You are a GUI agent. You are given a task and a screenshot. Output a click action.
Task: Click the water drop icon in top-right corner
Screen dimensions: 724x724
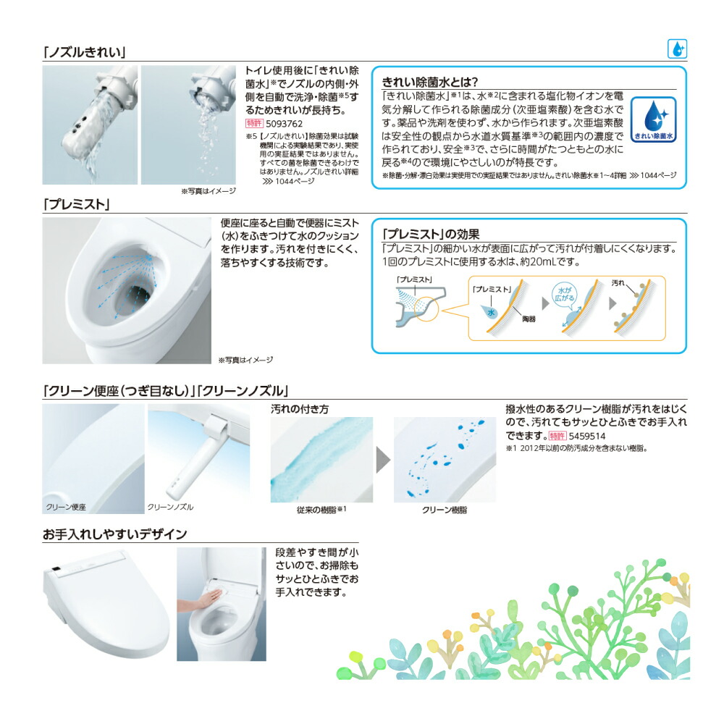coord(677,50)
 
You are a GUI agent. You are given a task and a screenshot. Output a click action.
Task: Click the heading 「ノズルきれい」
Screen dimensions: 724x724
coord(85,52)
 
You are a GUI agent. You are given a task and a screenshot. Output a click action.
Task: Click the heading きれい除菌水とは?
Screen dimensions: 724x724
coord(430,82)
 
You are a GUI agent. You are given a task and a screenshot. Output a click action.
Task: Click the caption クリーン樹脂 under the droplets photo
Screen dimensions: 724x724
coord(444,510)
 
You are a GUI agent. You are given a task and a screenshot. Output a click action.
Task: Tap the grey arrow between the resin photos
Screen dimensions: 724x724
coord(383,460)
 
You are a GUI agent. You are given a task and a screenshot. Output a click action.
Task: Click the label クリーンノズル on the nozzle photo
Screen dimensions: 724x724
coord(171,507)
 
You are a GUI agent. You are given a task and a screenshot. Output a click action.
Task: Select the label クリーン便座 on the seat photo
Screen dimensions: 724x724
coord(66,507)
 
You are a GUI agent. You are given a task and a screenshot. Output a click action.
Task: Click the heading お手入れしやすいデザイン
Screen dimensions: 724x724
coord(114,534)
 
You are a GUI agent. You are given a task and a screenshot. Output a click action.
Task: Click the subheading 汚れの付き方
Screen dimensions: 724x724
coord(299,409)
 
